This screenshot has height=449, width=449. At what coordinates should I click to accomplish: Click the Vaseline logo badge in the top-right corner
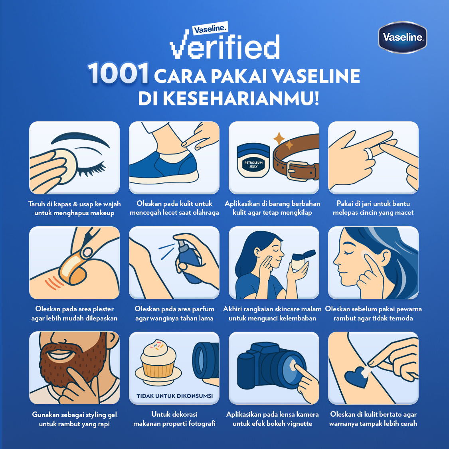[402, 38]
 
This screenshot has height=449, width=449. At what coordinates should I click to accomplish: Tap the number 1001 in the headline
[118, 74]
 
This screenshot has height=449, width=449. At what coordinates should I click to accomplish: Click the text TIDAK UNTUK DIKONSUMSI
[174, 396]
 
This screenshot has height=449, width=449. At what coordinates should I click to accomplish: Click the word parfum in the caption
[202, 309]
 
